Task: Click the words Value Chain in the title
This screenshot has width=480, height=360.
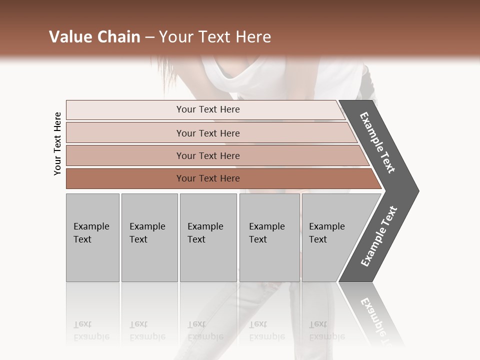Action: click(94, 37)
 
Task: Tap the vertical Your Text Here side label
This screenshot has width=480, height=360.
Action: click(57, 143)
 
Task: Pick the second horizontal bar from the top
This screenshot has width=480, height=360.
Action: click(208, 133)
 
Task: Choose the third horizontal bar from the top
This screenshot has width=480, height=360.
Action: click(208, 155)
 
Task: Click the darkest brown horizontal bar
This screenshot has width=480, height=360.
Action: click(208, 178)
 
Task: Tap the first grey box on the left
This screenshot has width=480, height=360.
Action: click(92, 237)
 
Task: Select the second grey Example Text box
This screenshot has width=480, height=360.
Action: click(149, 237)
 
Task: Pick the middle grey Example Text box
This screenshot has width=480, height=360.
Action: click(208, 237)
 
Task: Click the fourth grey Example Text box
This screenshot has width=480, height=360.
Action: click(269, 237)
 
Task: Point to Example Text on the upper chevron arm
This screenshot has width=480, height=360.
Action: click(377, 142)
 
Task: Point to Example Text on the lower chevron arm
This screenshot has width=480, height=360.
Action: click(378, 236)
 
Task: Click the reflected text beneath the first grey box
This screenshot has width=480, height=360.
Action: click(91, 330)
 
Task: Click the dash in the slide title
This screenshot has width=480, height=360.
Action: click(149, 37)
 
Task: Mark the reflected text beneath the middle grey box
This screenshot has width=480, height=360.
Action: click(205, 330)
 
